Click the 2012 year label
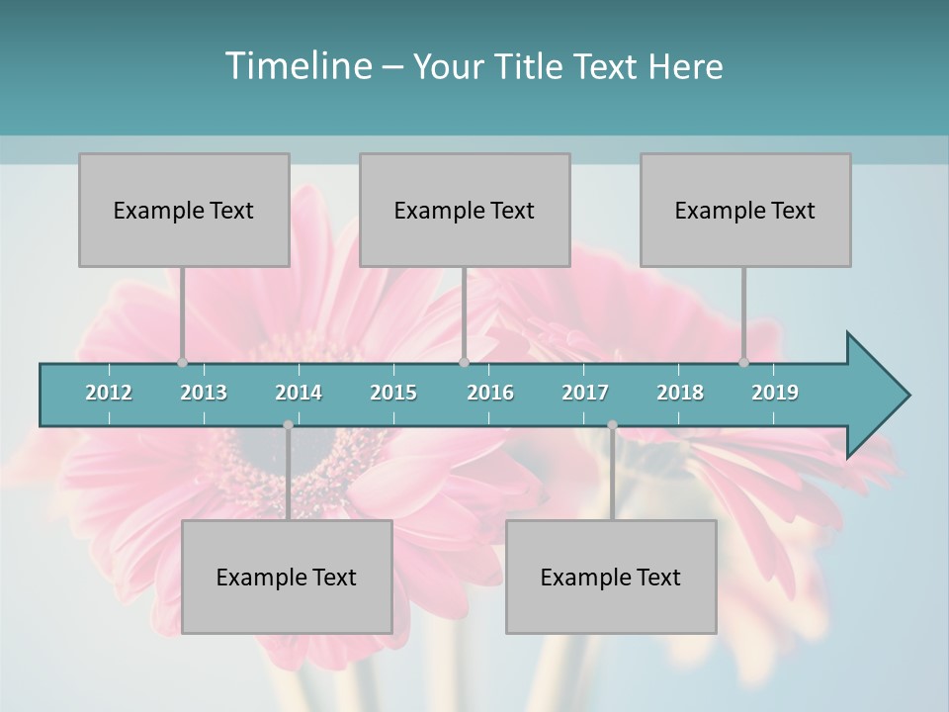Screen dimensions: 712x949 point(109,393)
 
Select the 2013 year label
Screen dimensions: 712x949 point(204,393)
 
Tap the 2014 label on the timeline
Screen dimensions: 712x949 point(299,393)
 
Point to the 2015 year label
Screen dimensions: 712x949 point(393,393)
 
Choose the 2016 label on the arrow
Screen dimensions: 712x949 point(490,393)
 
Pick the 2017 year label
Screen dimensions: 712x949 point(585,393)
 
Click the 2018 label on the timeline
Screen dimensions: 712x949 point(680,393)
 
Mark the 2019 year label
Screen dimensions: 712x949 point(775,393)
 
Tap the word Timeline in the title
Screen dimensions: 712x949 point(297,66)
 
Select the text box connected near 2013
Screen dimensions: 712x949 point(184,210)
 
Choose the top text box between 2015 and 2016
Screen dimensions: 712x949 point(465,210)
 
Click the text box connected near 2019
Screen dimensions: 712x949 point(745,210)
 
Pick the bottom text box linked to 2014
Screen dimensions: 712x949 point(287,577)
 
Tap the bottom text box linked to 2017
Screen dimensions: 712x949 point(611,577)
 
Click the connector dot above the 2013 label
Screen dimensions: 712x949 point(182,362)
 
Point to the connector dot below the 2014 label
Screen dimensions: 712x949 point(288,425)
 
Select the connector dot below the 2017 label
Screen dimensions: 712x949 point(612,425)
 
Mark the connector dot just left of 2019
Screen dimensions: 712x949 point(744,362)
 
